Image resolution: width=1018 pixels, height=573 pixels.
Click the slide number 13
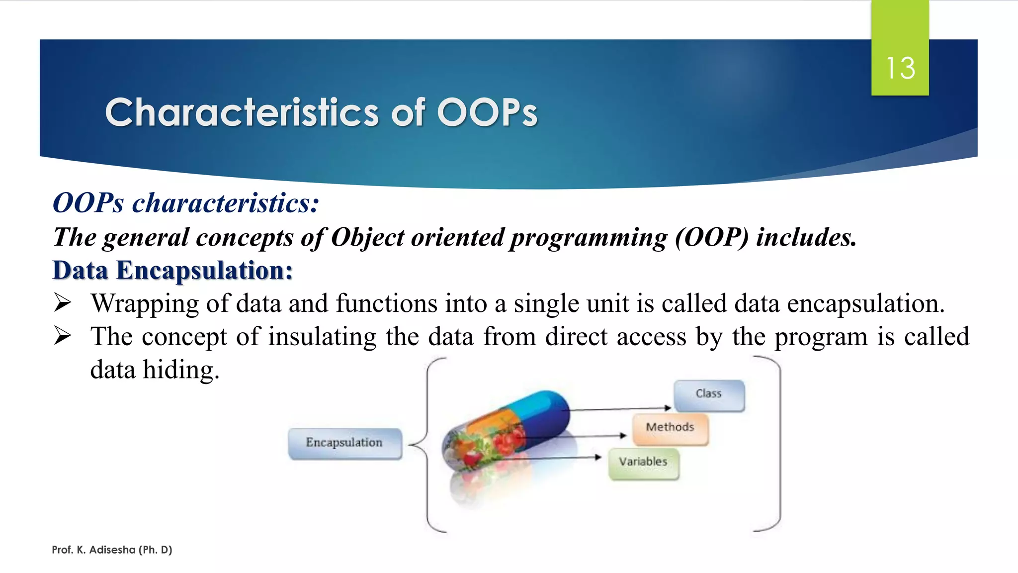coord(900,68)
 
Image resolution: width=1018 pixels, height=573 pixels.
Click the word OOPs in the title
coord(487,112)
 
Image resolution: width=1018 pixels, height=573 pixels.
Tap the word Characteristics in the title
coord(242,112)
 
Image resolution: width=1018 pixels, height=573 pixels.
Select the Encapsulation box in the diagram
coord(344,443)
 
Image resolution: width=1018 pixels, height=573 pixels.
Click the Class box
coord(709,394)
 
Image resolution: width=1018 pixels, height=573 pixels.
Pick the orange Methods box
coord(670,428)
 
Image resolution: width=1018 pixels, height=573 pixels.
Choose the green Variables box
coord(643,463)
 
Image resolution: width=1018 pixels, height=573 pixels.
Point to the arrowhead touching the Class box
coord(668,408)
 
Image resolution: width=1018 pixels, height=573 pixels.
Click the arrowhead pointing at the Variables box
coord(598,457)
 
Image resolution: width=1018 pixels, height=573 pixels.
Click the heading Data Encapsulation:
coord(172,271)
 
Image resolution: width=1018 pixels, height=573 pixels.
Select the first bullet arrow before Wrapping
coord(63,302)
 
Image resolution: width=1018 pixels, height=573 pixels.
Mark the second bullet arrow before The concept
coord(63,336)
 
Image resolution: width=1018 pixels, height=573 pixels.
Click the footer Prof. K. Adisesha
coord(112,550)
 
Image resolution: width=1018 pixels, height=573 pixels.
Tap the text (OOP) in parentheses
coord(711,237)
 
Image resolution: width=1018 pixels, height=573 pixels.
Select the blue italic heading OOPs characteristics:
coord(185,203)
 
